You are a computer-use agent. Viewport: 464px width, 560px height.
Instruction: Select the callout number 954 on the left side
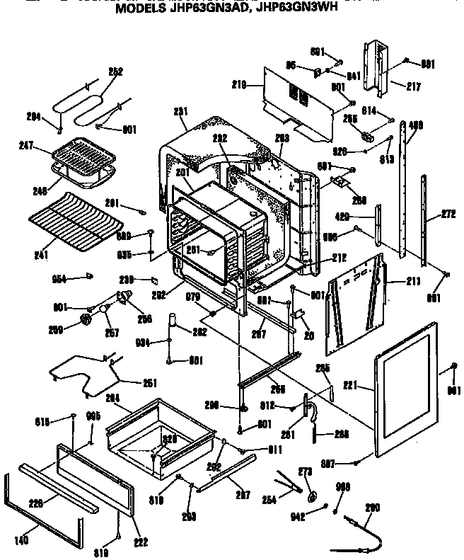click(59, 279)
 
